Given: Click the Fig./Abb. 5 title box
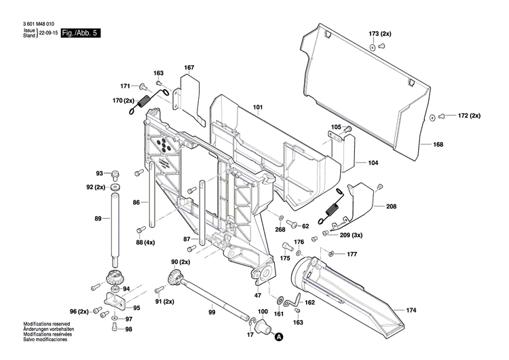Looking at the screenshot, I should pyautogui.click(x=81, y=33).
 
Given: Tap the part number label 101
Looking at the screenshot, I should pyautogui.click(x=257, y=107).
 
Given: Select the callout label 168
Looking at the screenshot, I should pyautogui.click(x=438, y=145).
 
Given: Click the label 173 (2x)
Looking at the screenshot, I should pyautogui.click(x=380, y=33).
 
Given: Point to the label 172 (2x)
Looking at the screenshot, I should pyautogui.click(x=466, y=115).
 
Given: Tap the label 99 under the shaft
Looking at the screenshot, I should pyautogui.click(x=212, y=312).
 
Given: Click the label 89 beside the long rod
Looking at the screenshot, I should pyautogui.click(x=98, y=218).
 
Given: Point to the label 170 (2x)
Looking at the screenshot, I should pyautogui.click(x=124, y=101).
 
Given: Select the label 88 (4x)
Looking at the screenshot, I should pyautogui.click(x=145, y=242).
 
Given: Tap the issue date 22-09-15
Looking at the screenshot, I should pyautogui.click(x=48, y=33).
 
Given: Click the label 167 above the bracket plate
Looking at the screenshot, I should pyautogui.click(x=189, y=67).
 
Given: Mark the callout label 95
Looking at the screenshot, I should pyautogui.click(x=136, y=308).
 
